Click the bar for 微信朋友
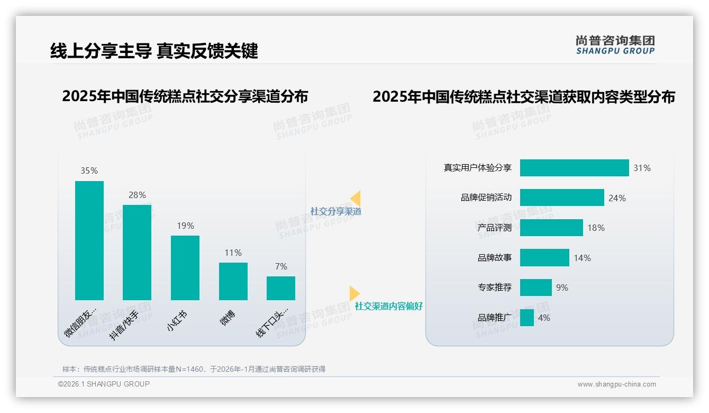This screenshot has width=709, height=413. (89, 240)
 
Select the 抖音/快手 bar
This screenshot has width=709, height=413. (137, 253)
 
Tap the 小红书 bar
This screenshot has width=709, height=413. (185, 268)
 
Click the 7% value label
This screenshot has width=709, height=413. (281, 266)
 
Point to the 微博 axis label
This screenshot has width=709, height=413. (228, 318)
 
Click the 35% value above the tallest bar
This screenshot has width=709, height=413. (89, 170)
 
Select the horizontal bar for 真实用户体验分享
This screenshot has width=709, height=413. (574, 168)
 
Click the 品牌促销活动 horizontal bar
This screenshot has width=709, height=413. (562, 197)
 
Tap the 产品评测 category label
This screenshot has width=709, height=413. (494, 228)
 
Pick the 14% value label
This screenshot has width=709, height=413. (582, 258)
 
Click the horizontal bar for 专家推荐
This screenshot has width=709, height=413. (535, 288)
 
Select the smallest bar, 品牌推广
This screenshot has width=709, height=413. (526, 318)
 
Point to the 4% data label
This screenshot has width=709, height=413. (544, 318)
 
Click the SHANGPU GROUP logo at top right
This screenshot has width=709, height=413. (615, 45)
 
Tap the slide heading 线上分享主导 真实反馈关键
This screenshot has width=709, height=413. (154, 51)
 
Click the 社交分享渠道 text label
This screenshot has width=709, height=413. (335, 211)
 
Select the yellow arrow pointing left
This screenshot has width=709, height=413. (356, 198)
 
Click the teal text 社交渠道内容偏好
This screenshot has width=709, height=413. (388, 306)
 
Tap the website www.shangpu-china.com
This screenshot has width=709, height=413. (616, 384)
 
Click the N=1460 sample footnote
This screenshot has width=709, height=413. (194, 369)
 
